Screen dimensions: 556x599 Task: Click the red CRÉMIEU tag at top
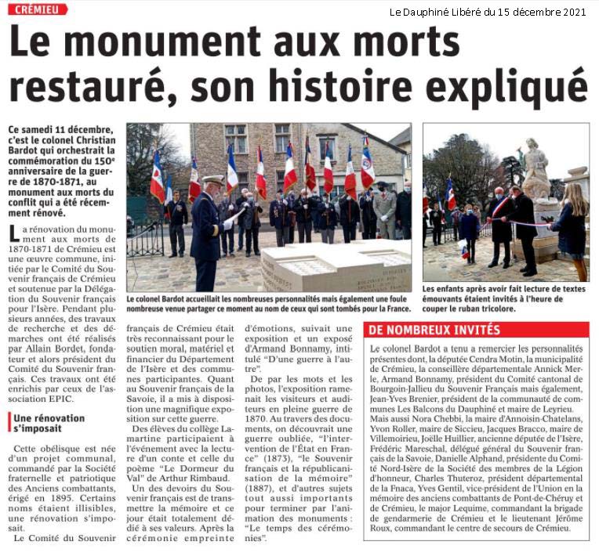tap(38, 9)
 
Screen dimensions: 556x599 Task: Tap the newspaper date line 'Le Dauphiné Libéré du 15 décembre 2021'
tap(487, 12)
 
